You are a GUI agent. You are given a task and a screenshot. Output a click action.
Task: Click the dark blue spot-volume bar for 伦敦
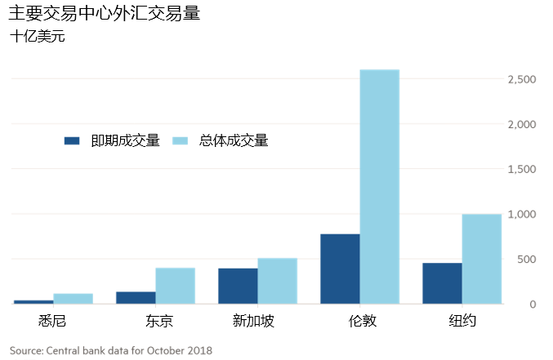(x=340, y=269)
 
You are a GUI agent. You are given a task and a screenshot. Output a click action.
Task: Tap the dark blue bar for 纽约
(x=442, y=283)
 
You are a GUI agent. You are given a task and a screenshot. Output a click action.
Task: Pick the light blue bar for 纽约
(x=482, y=259)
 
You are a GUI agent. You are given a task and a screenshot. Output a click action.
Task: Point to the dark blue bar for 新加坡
(x=238, y=286)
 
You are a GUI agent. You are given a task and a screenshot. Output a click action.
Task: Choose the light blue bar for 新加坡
(x=278, y=281)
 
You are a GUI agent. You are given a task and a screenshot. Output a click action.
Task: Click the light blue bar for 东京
(x=176, y=286)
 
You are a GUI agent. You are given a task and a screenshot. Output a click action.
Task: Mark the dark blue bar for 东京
(x=136, y=298)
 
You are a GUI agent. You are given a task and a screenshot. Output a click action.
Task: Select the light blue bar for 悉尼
(x=74, y=299)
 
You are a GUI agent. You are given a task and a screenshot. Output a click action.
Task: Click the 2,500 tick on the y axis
(x=521, y=79)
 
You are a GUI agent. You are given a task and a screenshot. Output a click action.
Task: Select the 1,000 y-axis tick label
(x=521, y=214)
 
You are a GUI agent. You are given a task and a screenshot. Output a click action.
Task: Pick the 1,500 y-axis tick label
(x=521, y=169)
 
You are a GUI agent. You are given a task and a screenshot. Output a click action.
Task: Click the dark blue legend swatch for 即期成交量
(x=72, y=140)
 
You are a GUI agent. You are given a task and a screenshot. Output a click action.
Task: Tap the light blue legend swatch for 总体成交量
(x=182, y=140)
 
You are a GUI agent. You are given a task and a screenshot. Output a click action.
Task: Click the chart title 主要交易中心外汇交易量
(x=105, y=15)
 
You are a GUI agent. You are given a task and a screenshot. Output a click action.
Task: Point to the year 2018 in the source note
(x=199, y=351)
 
